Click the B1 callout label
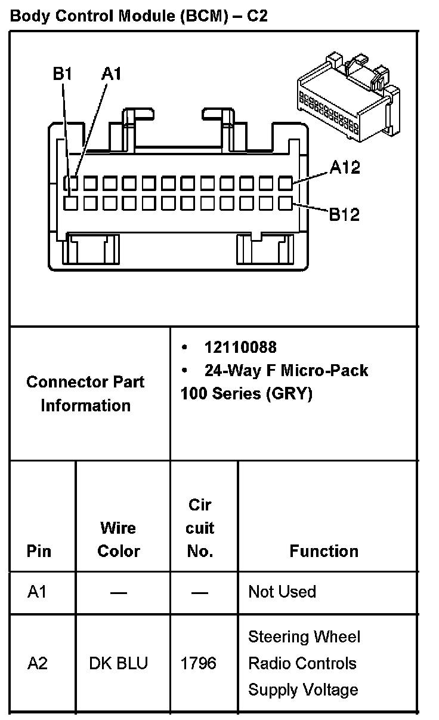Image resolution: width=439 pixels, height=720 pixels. click(63, 73)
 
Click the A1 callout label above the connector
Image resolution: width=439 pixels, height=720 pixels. click(112, 73)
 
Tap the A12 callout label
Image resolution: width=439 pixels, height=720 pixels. click(345, 168)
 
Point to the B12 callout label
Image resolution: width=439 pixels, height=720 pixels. click(345, 214)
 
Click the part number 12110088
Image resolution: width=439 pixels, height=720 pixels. click(240, 347)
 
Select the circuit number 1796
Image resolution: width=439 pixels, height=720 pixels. click(199, 663)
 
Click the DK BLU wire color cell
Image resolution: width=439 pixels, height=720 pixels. click(119, 663)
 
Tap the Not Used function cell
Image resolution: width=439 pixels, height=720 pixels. click(282, 592)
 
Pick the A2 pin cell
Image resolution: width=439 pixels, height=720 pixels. click(38, 663)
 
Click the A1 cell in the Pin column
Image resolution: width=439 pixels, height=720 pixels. click(37, 592)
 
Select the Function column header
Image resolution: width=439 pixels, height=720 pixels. click(324, 551)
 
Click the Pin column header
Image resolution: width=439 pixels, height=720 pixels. click(39, 551)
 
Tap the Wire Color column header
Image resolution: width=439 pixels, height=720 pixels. click(118, 540)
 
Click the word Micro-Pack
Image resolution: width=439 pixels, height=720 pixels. click(324, 371)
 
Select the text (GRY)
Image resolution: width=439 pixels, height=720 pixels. click(289, 394)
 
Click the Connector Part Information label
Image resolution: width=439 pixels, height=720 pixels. click(85, 393)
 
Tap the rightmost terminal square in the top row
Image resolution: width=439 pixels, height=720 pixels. click(286, 182)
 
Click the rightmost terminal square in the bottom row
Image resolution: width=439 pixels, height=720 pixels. click(286, 203)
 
